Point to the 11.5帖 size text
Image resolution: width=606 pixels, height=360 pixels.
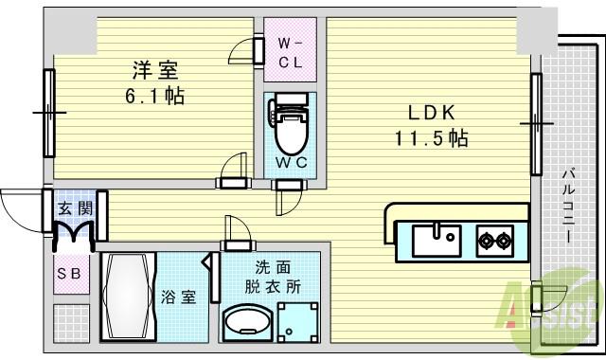click(431, 138)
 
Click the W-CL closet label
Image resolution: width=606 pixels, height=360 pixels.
click(290, 51)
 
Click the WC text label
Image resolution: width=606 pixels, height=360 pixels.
click(291, 162)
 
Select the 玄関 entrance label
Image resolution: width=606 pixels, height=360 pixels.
click(73, 207)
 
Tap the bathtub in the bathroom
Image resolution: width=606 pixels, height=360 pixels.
click(127, 297)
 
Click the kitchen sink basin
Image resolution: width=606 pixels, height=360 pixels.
click(436, 238)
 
